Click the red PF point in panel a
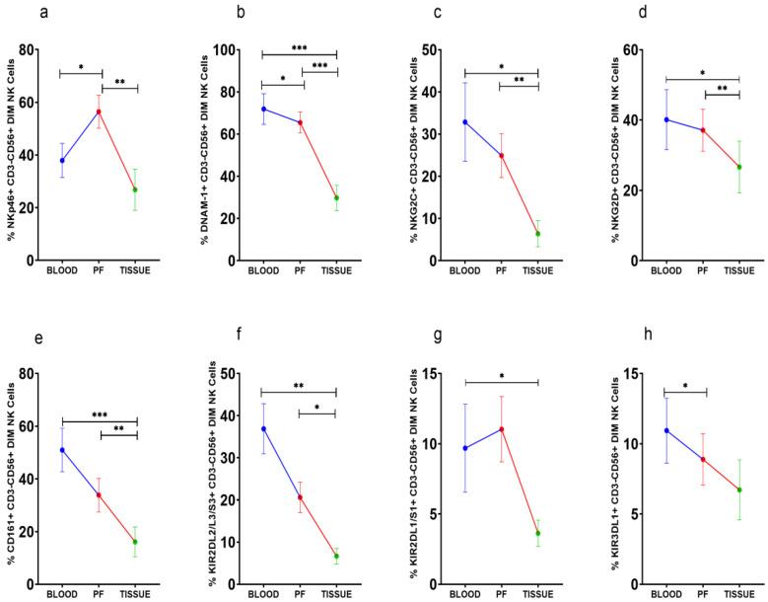point(99,111)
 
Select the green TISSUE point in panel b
point(336,197)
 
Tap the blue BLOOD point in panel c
point(464,121)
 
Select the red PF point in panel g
point(502,429)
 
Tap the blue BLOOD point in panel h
point(667,430)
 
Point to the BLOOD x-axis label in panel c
point(464,272)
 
